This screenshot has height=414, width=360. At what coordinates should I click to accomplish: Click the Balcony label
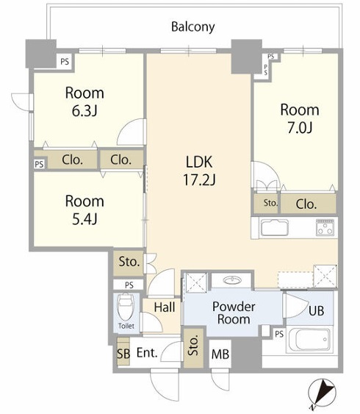click(192, 27)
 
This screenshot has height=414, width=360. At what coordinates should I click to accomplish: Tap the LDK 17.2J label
click(199, 171)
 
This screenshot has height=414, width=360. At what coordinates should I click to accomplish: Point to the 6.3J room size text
click(84, 111)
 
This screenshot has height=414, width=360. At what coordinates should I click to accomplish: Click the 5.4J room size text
click(84, 219)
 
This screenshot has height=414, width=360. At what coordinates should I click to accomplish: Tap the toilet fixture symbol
click(126, 307)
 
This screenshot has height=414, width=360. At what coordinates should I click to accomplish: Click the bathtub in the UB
click(310, 340)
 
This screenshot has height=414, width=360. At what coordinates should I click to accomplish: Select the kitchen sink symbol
click(275, 228)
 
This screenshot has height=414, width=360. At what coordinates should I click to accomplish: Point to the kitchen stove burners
click(325, 228)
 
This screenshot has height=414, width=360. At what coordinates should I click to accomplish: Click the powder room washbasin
click(232, 280)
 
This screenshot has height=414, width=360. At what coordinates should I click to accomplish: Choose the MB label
click(220, 354)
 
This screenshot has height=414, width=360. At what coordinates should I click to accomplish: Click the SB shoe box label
click(123, 354)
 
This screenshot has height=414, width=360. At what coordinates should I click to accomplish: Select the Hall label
click(165, 307)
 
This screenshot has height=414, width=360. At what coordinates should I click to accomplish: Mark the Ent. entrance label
click(147, 352)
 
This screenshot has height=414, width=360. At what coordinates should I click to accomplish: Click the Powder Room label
click(234, 313)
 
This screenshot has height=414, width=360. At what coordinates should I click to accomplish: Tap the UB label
click(316, 311)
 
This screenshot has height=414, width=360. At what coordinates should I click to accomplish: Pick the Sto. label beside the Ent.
click(193, 346)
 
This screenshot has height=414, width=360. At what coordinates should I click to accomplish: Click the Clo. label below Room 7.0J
click(306, 204)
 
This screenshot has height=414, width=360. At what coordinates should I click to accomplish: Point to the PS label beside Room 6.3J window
click(65, 62)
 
